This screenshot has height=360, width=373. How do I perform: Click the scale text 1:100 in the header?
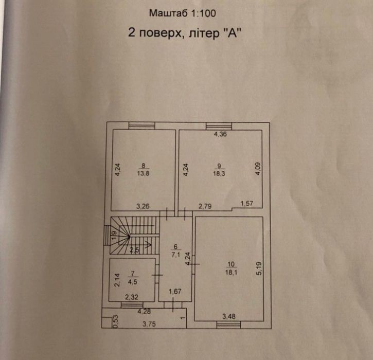[x=203, y=13]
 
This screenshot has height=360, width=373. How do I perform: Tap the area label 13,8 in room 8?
[x=143, y=173]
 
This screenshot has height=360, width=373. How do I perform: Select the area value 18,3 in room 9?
[x=219, y=173]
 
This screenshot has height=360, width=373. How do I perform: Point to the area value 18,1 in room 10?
[x=231, y=272]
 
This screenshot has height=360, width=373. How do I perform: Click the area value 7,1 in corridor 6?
[x=176, y=255]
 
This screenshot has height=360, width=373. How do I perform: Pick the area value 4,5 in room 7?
[x=133, y=282]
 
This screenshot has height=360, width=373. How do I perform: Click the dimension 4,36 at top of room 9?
[x=220, y=134]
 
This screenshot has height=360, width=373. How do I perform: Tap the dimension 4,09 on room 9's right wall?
[x=258, y=169]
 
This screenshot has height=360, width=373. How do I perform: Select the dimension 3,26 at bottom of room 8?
[x=143, y=206]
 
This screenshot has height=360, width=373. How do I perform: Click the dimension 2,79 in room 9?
[x=205, y=206]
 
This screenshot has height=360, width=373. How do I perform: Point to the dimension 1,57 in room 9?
[x=246, y=204]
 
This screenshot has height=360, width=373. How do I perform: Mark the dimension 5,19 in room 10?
[x=259, y=268]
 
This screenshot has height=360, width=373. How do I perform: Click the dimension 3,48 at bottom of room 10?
[x=229, y=316]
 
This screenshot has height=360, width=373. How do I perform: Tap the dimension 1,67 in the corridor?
[x=175, y=291]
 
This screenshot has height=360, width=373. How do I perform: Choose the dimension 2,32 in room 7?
[x=132, y=297]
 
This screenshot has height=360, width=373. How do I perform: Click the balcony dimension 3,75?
[x=149, y=324]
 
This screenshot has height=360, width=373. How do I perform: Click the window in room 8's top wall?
[x=142, y=126]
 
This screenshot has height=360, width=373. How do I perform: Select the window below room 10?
[x=228, y=325]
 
